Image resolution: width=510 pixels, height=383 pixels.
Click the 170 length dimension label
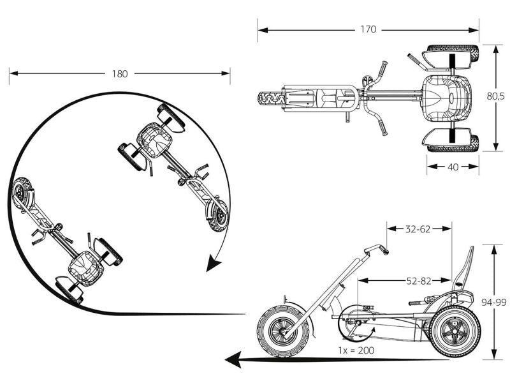click(368, 29)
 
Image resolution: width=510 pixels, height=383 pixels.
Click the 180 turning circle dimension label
click(119, 73)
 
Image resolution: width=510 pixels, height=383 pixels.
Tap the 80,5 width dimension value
click(496, 97)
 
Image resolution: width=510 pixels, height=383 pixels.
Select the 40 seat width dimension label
click(453, 167)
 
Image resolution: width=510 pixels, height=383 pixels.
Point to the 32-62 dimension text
click(419, 228)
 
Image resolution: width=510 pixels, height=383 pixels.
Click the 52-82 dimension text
click(419, 280)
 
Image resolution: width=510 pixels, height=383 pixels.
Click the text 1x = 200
click(356, 350)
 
